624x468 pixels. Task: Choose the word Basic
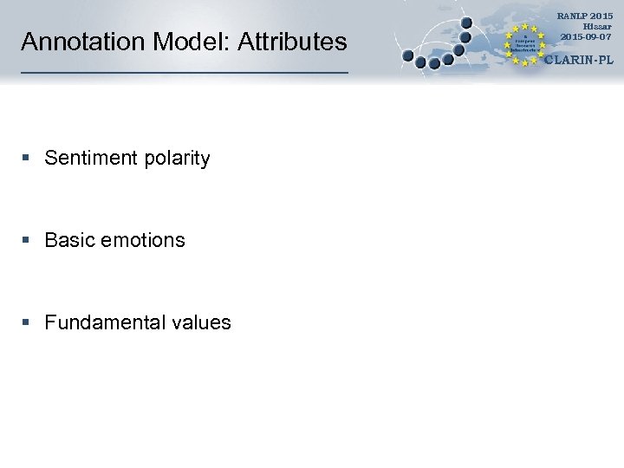(69, 240)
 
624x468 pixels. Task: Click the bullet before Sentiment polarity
(27, 159)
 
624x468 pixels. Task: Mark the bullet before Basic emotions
(27, 240)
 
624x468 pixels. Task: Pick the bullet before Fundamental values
(27, 322)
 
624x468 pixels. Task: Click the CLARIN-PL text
(578, 60)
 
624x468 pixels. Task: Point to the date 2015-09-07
(585, 37)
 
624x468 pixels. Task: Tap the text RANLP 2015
(584, 16)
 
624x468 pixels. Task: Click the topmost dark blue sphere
(466, 23)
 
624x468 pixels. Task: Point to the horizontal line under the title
(184, 72)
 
